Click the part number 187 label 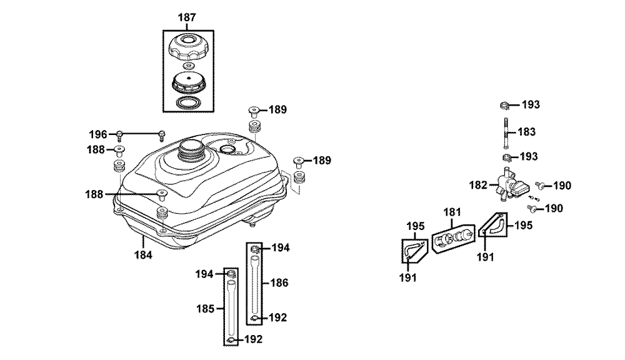186,17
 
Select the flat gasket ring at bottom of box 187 188,102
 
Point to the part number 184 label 143,255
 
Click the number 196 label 98,134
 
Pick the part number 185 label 205,309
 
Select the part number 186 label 279,283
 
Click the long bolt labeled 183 506,132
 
